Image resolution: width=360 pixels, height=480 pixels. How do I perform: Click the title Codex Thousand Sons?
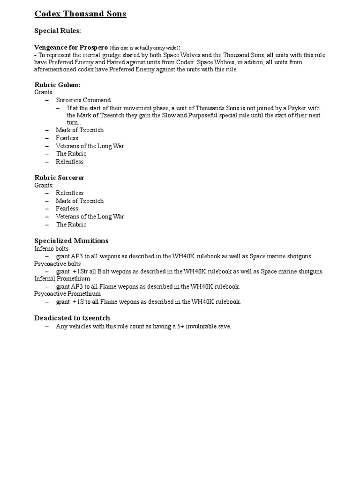tap(80, 14)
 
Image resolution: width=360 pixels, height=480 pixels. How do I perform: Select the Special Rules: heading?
tap(58, 31)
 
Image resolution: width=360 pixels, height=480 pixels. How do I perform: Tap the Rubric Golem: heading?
tap(58, 84)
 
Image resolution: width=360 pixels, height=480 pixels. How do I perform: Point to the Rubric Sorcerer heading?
tap(60, 178)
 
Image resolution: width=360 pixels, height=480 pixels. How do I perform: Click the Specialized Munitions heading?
tap(71, 240)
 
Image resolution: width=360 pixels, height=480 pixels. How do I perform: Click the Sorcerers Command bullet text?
tap(83, 100)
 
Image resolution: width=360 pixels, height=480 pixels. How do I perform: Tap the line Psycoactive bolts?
tap(58, 263)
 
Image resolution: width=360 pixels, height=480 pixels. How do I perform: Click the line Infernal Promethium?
tap(61, 278)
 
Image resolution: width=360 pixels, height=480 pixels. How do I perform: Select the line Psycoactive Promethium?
tap(67, 293)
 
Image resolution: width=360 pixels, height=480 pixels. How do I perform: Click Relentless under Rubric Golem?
tap(69, 161)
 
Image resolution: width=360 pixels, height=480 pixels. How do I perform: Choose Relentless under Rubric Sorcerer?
tap(69, 193)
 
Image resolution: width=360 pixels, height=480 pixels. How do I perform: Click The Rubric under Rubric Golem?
tap(71, 153)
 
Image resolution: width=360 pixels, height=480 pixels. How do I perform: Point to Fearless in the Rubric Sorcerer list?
tap(67, 208)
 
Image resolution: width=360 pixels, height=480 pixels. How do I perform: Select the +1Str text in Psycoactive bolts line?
tap(81, 271)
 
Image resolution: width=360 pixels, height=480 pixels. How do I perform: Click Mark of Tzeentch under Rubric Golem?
tap(80, 130)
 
